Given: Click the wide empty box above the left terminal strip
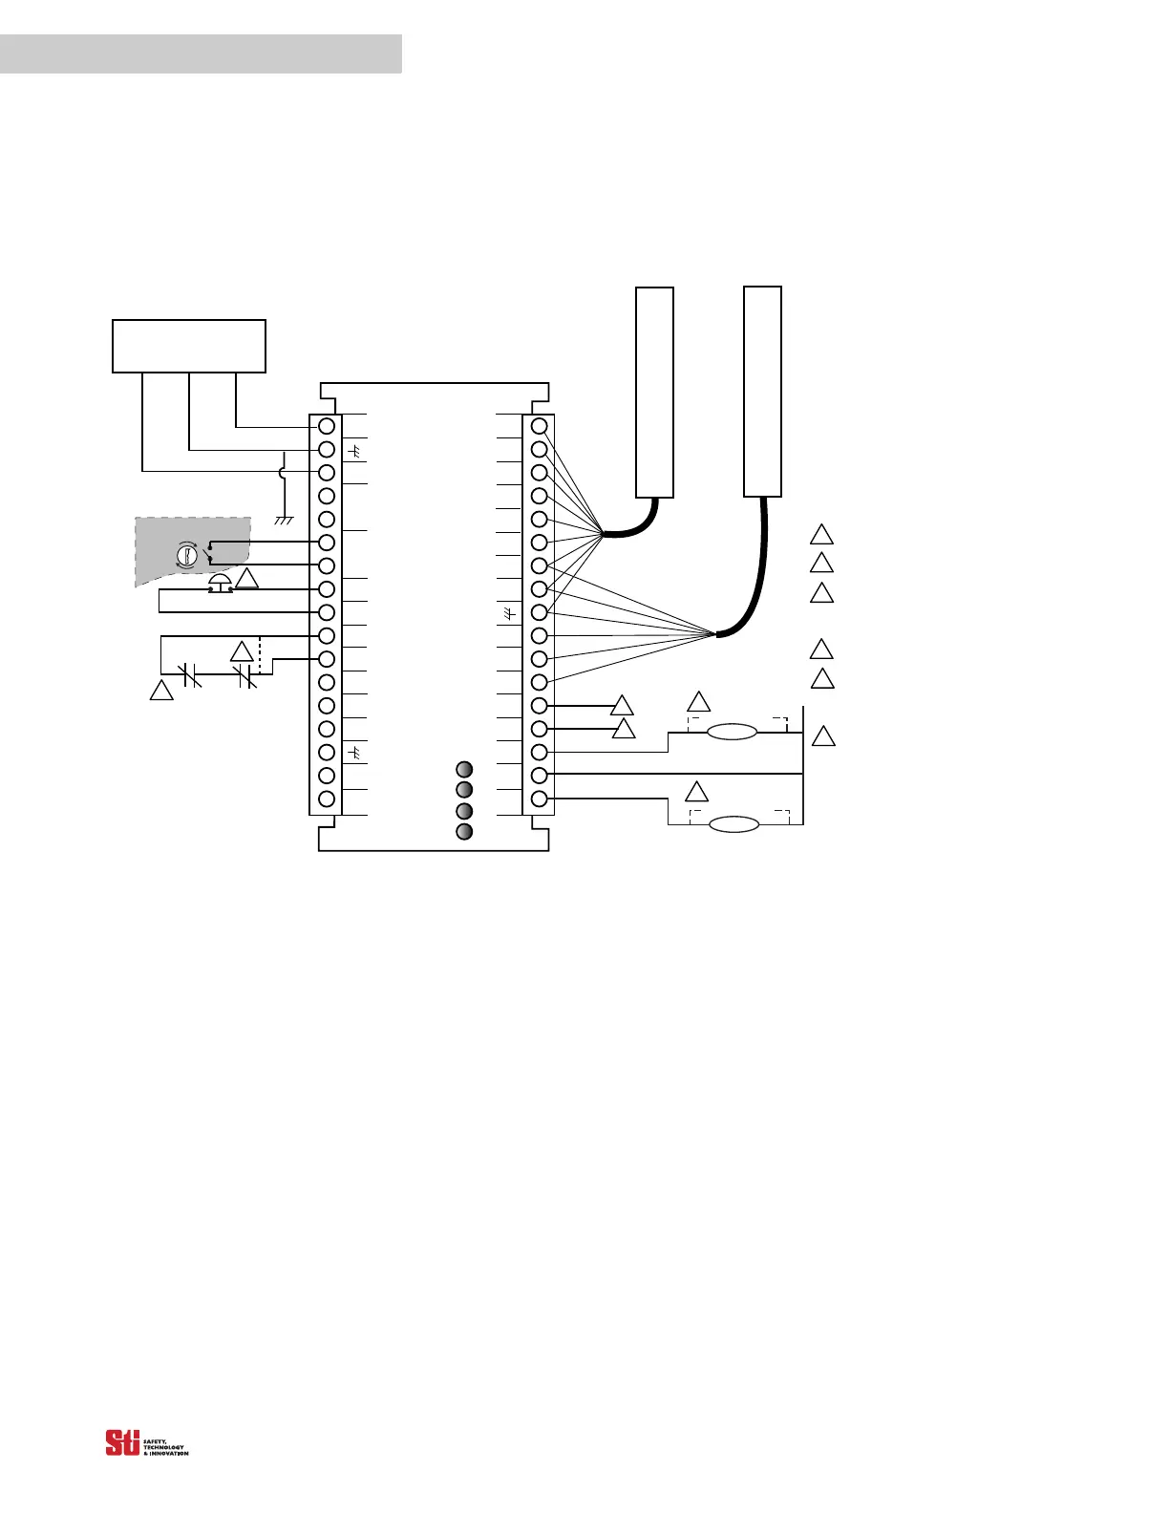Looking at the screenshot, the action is (x=189, y=346).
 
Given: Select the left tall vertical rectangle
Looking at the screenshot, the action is (x=655, y=392).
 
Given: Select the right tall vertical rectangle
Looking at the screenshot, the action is (x=762, y=391).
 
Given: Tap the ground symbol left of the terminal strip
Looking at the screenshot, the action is (x=284, y=520).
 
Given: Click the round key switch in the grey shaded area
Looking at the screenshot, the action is (x=188, y=554).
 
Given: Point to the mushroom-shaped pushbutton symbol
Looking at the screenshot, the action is (x=220, y=583).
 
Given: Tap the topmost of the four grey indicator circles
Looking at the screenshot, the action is (x=464, y=770).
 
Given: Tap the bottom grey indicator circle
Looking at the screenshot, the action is (x=464, y=831).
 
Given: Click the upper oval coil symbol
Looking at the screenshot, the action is (x=732, y=733).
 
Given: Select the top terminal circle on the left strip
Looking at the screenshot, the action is (x=327, y=426).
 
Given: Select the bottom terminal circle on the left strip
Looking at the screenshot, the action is (x=327, y=799).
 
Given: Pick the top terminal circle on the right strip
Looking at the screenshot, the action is (x=539, y=426).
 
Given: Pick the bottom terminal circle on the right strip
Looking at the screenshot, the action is (x=539, y=799).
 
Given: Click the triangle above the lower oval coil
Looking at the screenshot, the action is (x=698, y=793).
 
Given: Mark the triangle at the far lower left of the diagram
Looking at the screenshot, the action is (x=161, y=690).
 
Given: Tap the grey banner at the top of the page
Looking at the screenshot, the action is (x=201, y=53).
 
